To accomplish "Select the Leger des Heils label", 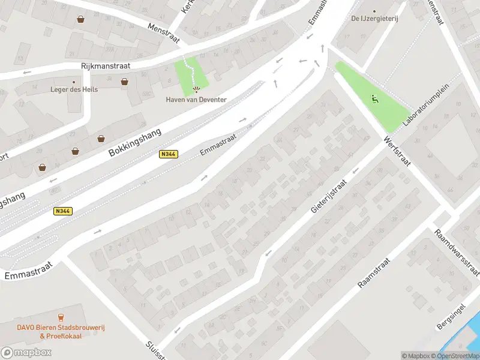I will coord(74,89).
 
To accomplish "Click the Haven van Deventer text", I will coord(196,100).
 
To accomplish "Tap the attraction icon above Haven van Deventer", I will coord(196,90).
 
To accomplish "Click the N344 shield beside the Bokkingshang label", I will coord(168,154).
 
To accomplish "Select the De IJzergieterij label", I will coord(375,19).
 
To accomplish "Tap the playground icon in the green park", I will coord(376,100).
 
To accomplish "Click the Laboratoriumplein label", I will coord(427,109).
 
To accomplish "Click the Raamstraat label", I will coord(374,274).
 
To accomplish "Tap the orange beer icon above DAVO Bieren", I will coord(60,317).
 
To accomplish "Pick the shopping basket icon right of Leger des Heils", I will coord(124,82).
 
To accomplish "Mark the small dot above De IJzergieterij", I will coord(374,11).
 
